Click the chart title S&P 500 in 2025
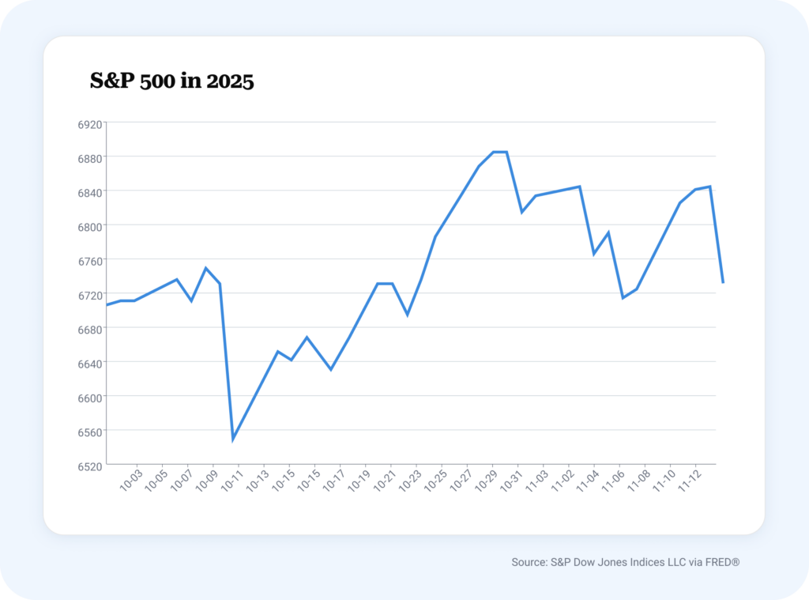[172, 81]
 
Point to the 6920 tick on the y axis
[91, 125]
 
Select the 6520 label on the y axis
[91, 466]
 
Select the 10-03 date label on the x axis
[130, 481]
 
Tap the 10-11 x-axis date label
[231, 481]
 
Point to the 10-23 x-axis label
[409, 481]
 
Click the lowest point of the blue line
[233, 439]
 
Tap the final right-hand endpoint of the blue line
[723, 282]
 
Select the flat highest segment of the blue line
[499, 152]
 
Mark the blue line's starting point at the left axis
[107, 304]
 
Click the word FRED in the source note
[721, 562]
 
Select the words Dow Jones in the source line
[600, 562]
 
